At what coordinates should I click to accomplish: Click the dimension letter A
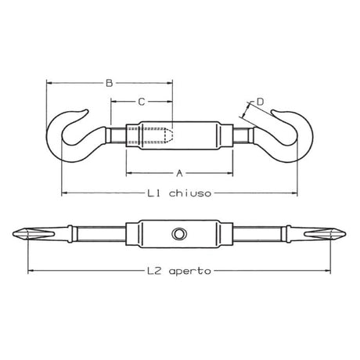click(178, 171)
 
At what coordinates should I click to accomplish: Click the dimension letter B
click(109, 81)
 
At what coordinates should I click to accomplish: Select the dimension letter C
click(141, 101)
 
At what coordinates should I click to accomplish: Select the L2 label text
click(155, 271)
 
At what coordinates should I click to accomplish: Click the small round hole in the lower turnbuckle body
click(179, 234)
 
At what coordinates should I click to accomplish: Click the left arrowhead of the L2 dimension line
click(31, 271)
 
